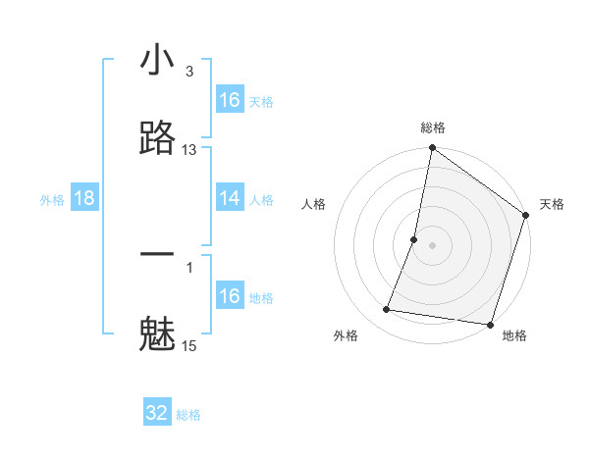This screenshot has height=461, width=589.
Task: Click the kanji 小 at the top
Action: click(x=157, y=62)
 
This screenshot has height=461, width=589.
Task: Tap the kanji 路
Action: click(x=157, y=138)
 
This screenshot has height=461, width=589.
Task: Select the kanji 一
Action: click(x=157, y=254)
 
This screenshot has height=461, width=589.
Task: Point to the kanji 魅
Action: click(x=157, y=333)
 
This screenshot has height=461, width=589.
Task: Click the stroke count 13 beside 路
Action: click(x=189, y=150)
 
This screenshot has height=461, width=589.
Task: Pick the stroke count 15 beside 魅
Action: click(x=189, y=345)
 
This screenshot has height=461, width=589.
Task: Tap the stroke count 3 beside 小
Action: click(x=189, y=73)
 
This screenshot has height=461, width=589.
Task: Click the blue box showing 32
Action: click(x=157, y=413)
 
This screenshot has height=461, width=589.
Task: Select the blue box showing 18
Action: click(x=84, y=199)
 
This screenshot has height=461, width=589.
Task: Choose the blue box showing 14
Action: click(x=230, y=199)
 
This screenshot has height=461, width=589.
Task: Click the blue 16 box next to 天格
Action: click(x=230, y=100)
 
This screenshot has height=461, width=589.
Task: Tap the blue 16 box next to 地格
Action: click(x=230, y=296)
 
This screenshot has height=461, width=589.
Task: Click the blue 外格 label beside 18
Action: click(x=52, y=200)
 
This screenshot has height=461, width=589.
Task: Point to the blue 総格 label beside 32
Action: click(x=188, y=415)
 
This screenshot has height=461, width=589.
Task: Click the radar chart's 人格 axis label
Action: click(x=314, y=204)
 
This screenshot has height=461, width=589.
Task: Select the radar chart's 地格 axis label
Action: click(x=514, y=335)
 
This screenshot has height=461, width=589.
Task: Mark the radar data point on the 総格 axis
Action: click(x=432, y=149)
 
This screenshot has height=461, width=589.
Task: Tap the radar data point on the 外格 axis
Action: click(x=387, y=310)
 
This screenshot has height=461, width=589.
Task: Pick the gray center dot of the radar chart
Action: click(x=432, y=245)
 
